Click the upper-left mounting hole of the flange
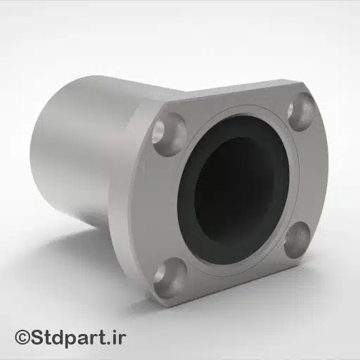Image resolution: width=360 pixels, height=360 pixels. point(167,129)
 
